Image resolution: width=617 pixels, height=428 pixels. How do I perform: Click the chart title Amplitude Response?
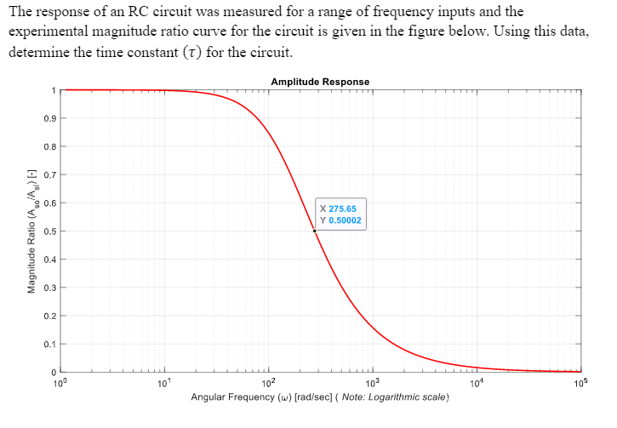coord(320,82)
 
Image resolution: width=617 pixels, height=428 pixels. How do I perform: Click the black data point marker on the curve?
coord(314,231)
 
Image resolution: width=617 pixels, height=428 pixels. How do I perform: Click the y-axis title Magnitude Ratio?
coord(31,231)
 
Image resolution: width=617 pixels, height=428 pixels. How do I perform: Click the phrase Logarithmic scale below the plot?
coord(408,397)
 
